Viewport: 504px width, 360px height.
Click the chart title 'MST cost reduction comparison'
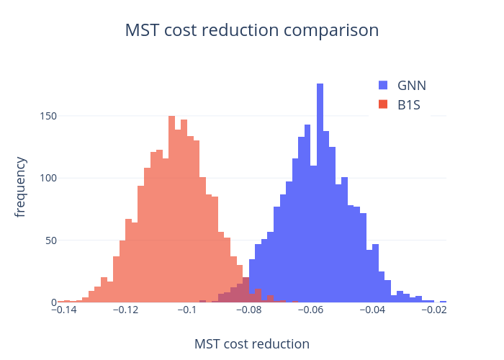pyautogui.click(x=252, y=31)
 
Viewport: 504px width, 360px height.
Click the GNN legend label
pyautogui.click(x=412, y=85)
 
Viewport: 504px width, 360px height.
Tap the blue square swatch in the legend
pyautogui.click(x=384, y=85)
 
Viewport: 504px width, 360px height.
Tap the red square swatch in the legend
pyautogui.click(x=384, y=105)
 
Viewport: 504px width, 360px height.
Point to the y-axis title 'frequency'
pyautogui.click(x=21, y=186)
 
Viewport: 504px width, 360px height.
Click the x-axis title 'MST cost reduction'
pyautogui.click(x=252, y=344)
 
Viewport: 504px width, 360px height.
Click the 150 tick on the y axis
pyautogui.click(x=48, y=116)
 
